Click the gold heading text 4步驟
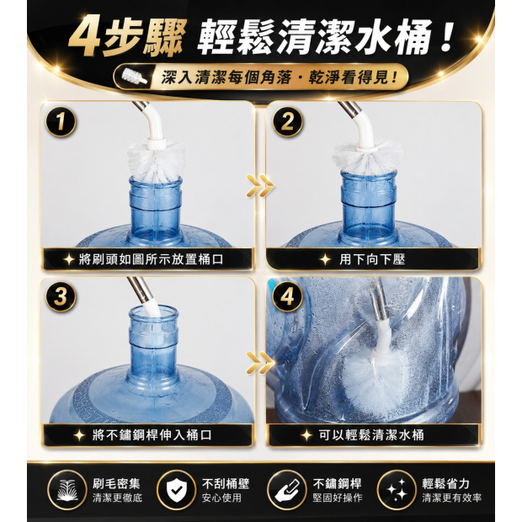[127, 38]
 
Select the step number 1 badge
[61, 121]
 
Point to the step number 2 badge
[288, 121]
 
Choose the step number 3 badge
[61, 296]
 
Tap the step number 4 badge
[288, 296]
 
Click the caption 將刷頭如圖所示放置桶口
[151, 259]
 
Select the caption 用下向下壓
[372, 259]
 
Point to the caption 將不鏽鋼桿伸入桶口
[152, 434]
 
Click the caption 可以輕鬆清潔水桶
[371, 434]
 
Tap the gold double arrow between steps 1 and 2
[260, 186]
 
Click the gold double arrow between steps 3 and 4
[260, 362]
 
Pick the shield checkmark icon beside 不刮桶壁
[177, 490]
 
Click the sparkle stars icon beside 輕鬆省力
[397, 490]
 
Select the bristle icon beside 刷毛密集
[67, 490]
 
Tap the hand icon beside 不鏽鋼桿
[287, 490]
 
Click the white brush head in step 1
[156, 161]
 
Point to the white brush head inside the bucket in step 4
[376, 380]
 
